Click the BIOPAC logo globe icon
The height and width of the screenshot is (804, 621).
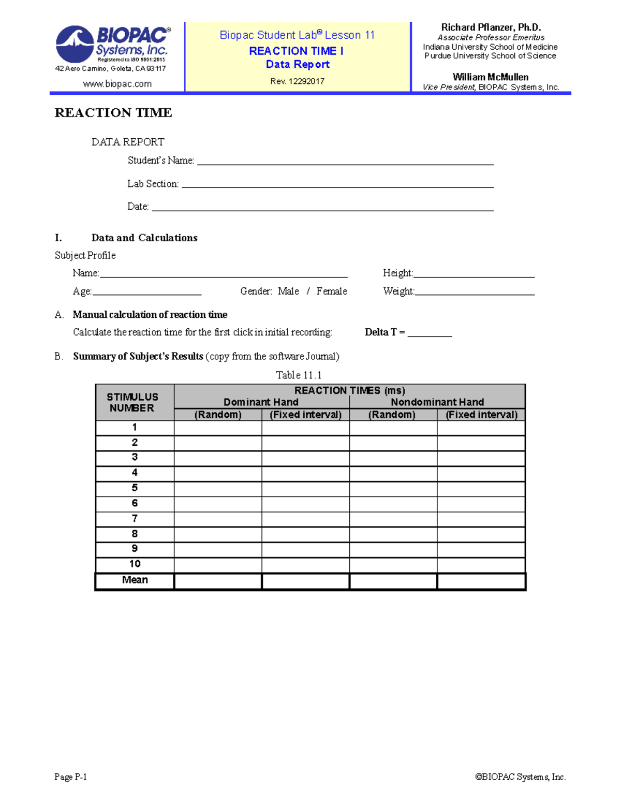[x=75, y=44]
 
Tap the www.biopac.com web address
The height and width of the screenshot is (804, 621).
[x=117, y=84]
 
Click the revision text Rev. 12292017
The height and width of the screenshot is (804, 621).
[x=297, y=81]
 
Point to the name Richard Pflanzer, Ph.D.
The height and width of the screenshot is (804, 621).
[x=491, y=27]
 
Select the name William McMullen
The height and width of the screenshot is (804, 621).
[x=491, y=77]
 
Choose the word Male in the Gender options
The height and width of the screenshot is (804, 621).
[x=288, y=291]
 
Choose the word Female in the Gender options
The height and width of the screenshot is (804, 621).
[x=332, y=291]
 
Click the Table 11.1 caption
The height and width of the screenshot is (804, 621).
[x=299, y=375]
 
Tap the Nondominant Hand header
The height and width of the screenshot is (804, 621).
[x=437, y=402]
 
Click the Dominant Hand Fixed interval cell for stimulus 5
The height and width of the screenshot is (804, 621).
[x=305, y=489]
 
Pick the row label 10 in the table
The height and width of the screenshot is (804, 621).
[x=135, y=564]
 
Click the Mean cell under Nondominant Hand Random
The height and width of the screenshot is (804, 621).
[x=393, y=581]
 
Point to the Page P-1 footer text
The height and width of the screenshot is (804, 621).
[x=70, y=777]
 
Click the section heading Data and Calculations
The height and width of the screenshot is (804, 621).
[x=144, y=238]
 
